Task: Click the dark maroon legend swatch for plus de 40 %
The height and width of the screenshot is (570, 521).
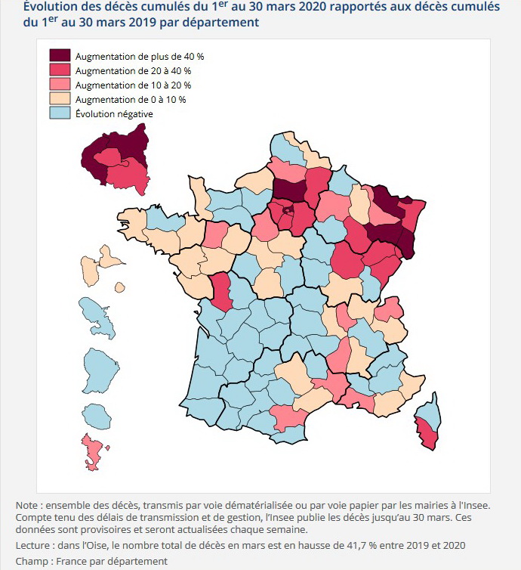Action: point(60,56)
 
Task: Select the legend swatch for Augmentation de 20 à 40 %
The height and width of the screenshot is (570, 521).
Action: point(60,70)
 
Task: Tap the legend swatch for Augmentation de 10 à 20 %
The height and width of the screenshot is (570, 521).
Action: point(60,85)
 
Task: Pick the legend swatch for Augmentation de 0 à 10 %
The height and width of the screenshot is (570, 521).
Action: point(60,99)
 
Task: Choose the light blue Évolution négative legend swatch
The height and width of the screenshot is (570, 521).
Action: point(60,113)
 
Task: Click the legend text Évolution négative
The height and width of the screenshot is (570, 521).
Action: point(114,113)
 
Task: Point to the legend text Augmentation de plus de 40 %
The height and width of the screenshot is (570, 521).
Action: point(140,56)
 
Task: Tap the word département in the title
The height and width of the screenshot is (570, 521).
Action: point(219,23)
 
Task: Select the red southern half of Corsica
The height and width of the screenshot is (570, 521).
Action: point(427,435)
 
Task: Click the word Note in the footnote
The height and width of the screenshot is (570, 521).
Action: point(27,505)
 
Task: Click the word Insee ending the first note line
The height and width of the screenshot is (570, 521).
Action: point(475,505)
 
